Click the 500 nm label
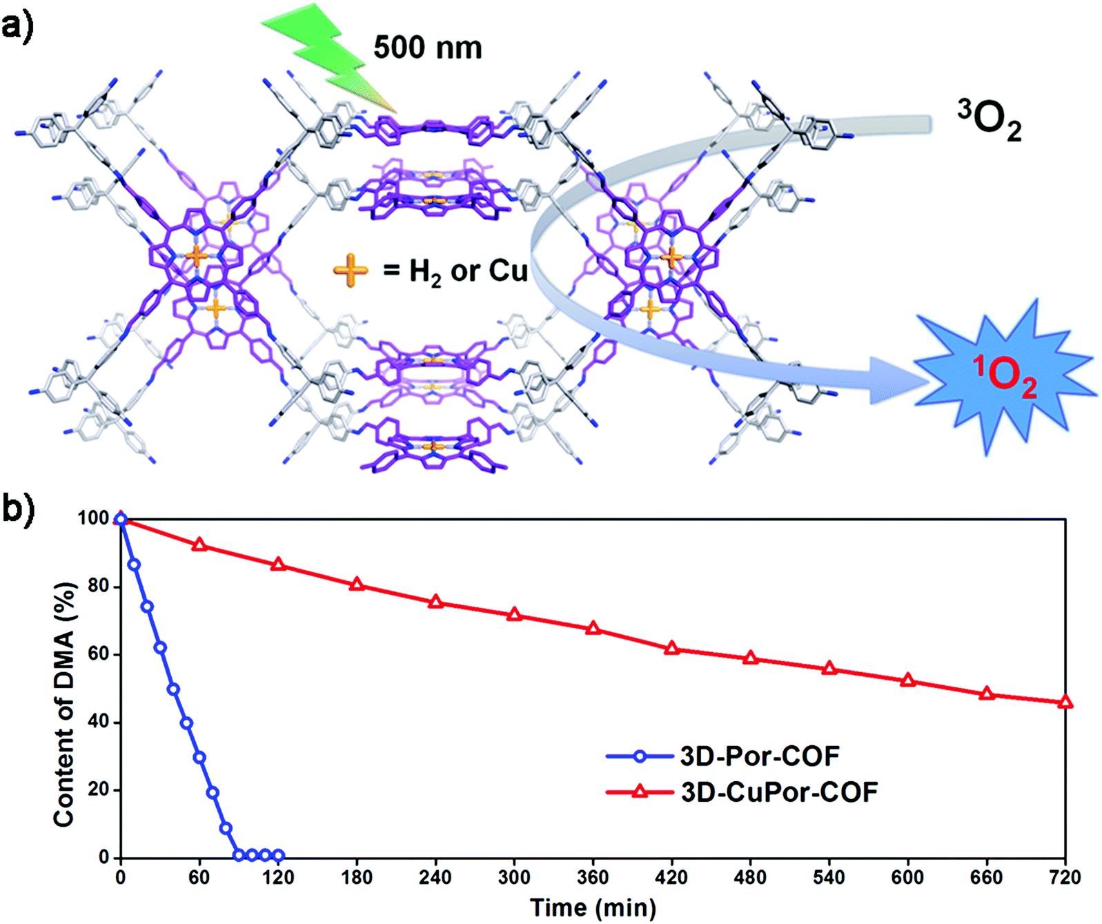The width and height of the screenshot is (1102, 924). coord(427,48)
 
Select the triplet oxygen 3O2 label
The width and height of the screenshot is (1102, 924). coord(989,121)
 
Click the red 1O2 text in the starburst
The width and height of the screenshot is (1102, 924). coord(1005,377)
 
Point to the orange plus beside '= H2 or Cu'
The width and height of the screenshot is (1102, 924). coord(351,271)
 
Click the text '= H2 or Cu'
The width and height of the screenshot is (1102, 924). coord(455,271)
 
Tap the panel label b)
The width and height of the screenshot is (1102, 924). coord(18,510)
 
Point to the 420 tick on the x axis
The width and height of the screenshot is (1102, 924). coord(671,877)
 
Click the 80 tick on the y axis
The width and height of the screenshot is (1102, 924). coord(98,587)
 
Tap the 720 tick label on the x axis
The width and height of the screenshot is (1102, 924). coord(1064,877)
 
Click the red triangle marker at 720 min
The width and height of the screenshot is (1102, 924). coord(1065,702)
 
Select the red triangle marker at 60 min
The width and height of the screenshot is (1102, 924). coord(199,544)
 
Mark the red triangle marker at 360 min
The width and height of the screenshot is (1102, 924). coord(593,629)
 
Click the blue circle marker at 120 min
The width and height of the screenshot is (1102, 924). coord(278,856)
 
